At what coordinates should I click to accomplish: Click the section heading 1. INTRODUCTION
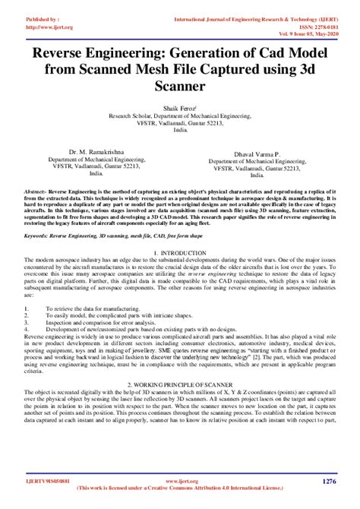[x=180, y=252]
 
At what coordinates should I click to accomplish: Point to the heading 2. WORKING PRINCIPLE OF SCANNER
[x=179, y=385]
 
